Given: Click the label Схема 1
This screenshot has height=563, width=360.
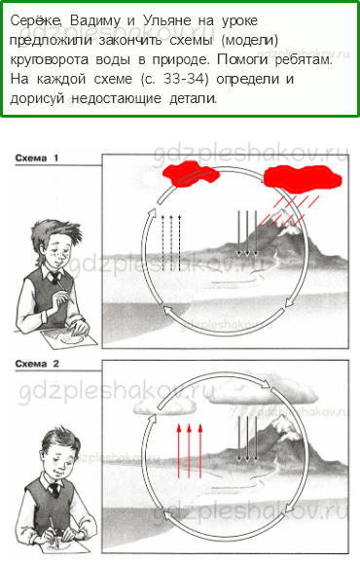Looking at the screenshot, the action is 37,158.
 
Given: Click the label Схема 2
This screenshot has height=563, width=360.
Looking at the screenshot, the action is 37,364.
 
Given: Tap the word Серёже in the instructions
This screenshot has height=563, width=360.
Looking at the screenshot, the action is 36,20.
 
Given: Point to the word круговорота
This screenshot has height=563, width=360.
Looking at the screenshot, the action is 49,59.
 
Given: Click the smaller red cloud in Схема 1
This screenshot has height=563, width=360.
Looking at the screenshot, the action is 191,174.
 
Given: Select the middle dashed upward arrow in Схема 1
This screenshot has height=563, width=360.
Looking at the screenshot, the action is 171,242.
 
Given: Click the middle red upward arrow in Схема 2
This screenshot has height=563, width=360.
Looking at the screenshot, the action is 190,451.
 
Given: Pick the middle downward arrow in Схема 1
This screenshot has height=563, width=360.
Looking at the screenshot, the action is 247,233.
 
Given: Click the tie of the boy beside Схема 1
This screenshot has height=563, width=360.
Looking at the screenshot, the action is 56,278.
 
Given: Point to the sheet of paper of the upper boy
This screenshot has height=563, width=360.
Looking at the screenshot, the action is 68,338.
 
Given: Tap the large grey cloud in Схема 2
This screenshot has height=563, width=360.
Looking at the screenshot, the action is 264,393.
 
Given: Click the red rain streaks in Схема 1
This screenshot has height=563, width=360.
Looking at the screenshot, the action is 289,211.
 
